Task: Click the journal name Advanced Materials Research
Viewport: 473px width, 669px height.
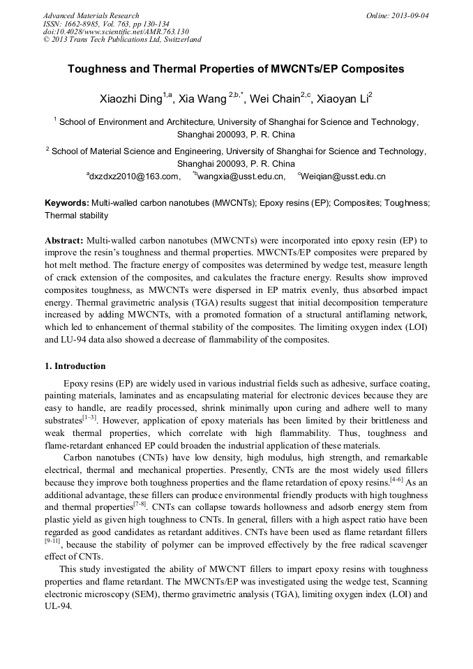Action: point(91,15)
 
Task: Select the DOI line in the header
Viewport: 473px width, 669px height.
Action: point(116,31)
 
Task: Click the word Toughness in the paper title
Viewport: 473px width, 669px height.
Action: point(98,70)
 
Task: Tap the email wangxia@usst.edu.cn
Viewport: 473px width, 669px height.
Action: point(241,176)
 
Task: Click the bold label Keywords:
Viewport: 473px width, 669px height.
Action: point(67,203)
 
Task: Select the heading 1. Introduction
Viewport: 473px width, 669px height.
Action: point(75,366)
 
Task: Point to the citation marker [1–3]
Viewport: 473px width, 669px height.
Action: point(89,419)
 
